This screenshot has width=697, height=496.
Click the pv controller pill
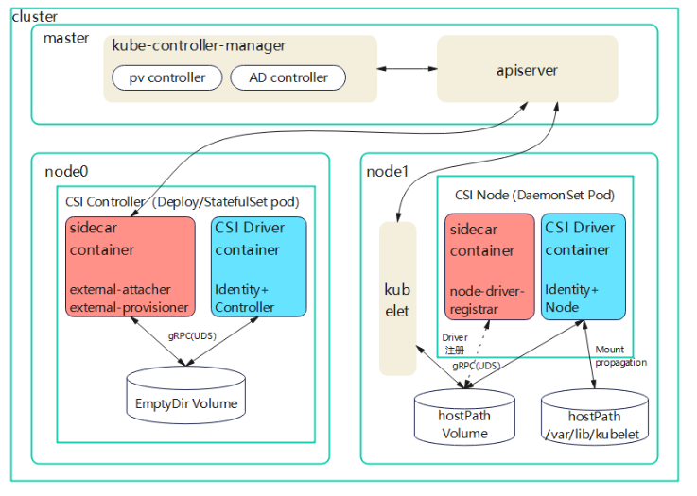[x=166, y=77]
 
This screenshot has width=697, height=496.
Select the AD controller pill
[x=288, y=77]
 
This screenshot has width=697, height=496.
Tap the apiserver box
[x=527, y=70]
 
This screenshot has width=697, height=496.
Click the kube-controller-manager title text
[x=199, y=45]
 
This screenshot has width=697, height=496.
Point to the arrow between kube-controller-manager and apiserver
[x=407, y=69]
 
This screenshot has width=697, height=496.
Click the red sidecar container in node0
[x=131, y=266]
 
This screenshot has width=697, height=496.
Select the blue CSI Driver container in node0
[x=259, y=266]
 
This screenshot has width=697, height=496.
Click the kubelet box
[x=398, y=299]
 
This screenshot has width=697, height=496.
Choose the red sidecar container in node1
[x=490, y=266]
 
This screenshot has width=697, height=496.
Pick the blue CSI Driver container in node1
[x=583, y=266]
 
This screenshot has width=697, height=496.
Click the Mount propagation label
[x=620, y=356]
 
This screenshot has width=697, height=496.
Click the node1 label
[x=387, y=172]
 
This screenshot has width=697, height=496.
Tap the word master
[x=66, y=38]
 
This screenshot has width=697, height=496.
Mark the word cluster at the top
[x=34, y=16]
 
